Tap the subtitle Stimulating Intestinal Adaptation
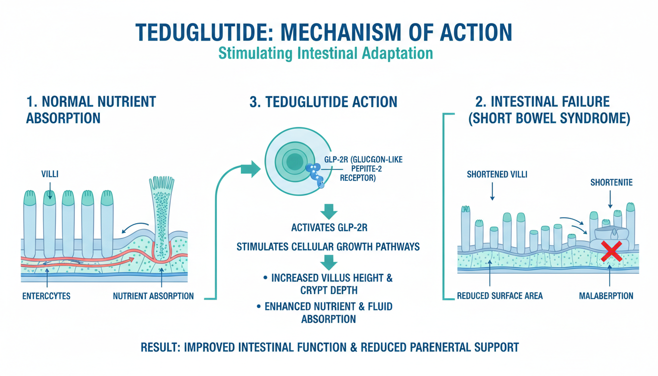tap(329, 52)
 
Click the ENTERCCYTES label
tap(47, 296)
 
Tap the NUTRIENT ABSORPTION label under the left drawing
tap(153, 296)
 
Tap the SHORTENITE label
tap(611, 183)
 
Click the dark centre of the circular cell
tap(294, 161)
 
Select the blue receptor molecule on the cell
tap(315, 173)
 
